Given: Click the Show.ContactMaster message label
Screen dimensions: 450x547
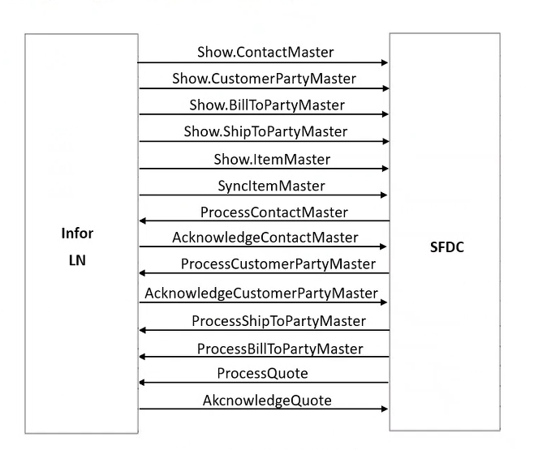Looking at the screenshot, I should pyautogui.click(x=265, y=52).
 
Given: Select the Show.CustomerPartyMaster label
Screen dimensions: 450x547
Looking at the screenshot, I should pyautogui.click(x=264, y=79).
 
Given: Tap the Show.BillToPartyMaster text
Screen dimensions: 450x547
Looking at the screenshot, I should pyautogui.click(x=267, y=105).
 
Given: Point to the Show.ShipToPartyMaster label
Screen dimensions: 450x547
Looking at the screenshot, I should pyautogui.click(x=265, y=131).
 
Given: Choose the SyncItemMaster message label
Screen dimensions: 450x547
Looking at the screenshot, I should pyautogui.click(x=271, y=186).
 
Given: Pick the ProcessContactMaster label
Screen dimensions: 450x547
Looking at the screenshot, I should pyautogui.click(x=273, y=212).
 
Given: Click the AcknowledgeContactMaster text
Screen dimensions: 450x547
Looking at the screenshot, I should pyautogui.click(x=265, y=238).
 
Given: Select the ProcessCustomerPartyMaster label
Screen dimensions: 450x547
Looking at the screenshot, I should pyautogui.click(x=278, y=264).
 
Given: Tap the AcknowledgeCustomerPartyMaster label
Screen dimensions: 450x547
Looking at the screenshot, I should pyautogui.click(x=261, y=293).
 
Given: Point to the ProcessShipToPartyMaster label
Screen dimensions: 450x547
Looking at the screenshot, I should pyautogui.click(x=278, y=321).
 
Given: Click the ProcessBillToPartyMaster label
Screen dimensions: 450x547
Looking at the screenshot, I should pyautogui.click(x=280, y=349).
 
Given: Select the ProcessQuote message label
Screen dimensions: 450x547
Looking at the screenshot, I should pyautogui.click(x=262, y=373).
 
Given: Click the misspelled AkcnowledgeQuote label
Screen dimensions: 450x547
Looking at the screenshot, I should pyautogui.click(x=267, y=401).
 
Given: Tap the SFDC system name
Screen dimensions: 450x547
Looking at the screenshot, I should pyautogui.click(x=446, y=247).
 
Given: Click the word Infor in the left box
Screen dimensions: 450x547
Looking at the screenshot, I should pyautogui.click(x=77, y=234).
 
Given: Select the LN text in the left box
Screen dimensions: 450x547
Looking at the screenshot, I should pyautogui.click(x=77, y=260).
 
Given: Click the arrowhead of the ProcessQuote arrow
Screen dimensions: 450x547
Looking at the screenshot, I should pyautogui.click(x=143, y=383).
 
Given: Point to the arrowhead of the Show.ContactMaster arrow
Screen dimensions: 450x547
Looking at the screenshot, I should pyautogui.click(x=385, y=62).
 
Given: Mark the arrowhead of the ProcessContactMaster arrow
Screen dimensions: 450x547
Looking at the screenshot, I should pyautogui.click(x=143, y=221).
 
